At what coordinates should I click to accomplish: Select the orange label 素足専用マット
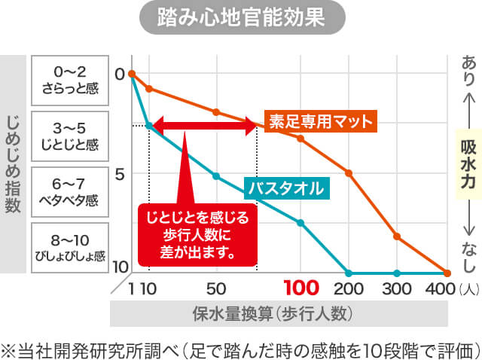click(321, 120)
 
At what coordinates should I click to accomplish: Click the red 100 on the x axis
click(301, 288)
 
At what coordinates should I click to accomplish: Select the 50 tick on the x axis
click(216, 288)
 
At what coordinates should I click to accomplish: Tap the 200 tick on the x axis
click(348, 288)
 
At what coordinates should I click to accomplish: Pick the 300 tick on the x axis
click(397, 288)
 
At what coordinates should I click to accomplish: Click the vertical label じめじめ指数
click(13, 163)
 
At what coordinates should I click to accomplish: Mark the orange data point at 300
click(397, 236)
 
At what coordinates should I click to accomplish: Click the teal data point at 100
click(301, 222)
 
